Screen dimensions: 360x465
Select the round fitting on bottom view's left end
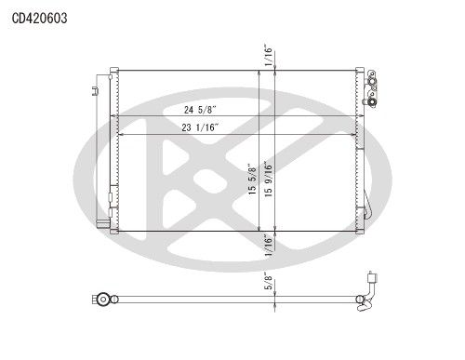tap(103, 300)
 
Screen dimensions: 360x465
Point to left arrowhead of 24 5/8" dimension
tap(114, 116)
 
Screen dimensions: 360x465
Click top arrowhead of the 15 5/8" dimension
tap(259, 73)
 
